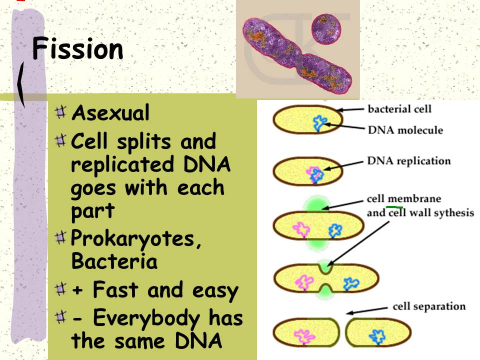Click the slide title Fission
pyautogui.click(x=77, y=49)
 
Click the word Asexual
pyautogui.click(x=110, y=113)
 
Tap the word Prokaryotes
pyautogui.click(x=136, y=240)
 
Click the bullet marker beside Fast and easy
pyautogui.click(x=61, y=288)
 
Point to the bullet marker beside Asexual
pyautogui.click(x=61, y=112)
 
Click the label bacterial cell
pyautogui.click(x=399, y=108)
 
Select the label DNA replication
pyautogui.click(x=408, y=161)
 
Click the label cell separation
pyautogui.click(x=429, y=306)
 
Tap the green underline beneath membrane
pyautogui.click(x=395, y=206)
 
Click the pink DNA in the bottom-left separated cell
pyautogui.click(x=302, y=336)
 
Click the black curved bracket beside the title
pyautogui.click(x=21, y=82)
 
